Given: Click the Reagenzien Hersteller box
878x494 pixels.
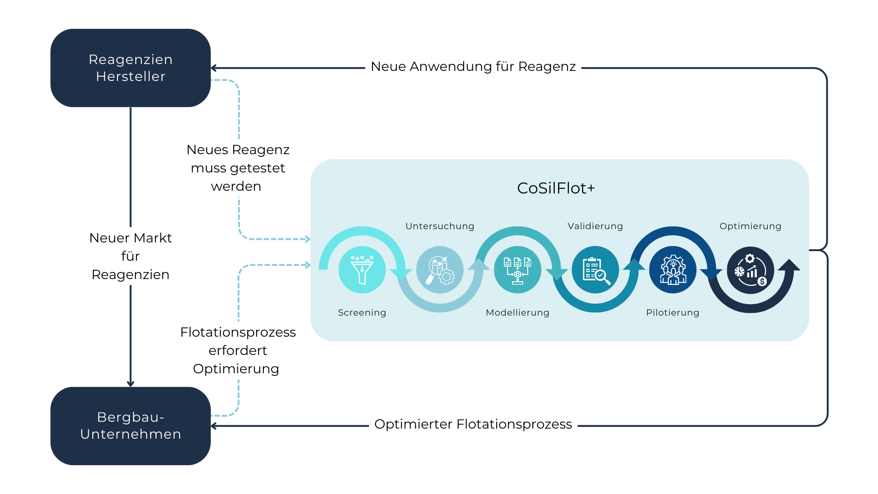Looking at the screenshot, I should click(x=130, y=68).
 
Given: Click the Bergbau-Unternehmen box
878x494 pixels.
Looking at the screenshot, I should click(x=130, y=426).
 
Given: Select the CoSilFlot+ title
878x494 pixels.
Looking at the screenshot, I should click(x=556, y=188).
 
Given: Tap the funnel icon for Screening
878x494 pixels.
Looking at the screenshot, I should click(x=362, y=270).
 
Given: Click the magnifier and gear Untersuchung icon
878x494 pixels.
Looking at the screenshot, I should click(x=439, y=270).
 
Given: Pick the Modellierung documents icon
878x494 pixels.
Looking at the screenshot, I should click(x=517, y=270).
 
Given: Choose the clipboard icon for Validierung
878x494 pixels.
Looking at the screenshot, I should click(x=595, y=270).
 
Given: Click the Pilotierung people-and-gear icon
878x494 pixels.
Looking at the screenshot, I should click(x=673, y=270).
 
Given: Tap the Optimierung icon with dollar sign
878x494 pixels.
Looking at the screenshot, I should click(x=750, y=270).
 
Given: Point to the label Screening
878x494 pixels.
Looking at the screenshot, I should click(x=362, y=312).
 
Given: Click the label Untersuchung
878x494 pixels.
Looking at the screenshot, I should click(x=439, y=226).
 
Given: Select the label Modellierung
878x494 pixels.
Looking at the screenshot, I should click(x=517, y=312).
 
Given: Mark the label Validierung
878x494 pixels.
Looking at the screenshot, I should click(x=595, y=226).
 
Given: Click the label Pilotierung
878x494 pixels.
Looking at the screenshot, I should click(x=673, y=312).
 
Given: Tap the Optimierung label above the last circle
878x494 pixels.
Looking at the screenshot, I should click(x=750, y=226).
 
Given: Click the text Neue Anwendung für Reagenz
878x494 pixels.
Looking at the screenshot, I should click(x=473, y=67).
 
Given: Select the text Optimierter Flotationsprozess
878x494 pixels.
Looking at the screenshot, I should click(x=473, y=424).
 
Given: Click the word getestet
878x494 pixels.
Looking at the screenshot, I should click(x=257, y=168).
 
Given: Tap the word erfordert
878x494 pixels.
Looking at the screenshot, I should click(x=238, y=350).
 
